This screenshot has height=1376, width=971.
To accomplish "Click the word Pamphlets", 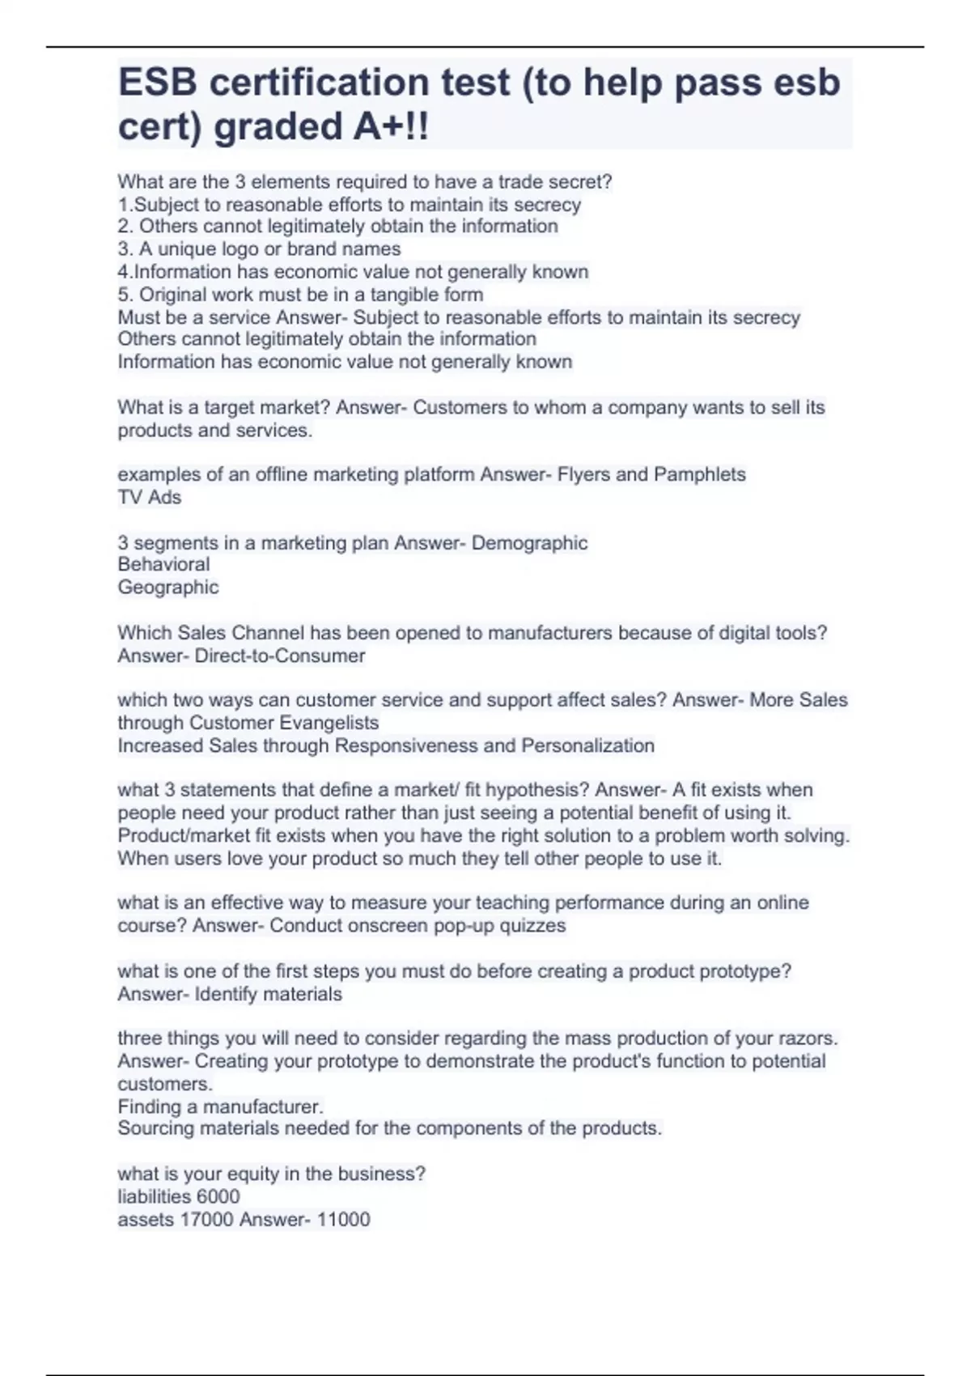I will click(x=699, y=474).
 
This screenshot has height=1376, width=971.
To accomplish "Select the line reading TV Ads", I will click(x=150, y=497).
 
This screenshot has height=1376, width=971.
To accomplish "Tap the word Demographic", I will click(x=529, y=542).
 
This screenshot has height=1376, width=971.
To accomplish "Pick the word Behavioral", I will click(x=163, y=564).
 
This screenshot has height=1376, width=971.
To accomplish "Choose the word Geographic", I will click(x=168, y=587).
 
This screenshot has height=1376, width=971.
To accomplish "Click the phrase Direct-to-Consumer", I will click(x=280, y=656).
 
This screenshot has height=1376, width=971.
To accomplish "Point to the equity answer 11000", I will click(x=344, y=1220).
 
